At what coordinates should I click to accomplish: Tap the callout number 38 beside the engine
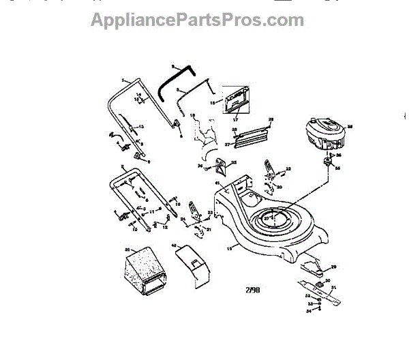tap(350, 127)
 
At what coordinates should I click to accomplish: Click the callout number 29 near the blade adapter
tap(334, 267)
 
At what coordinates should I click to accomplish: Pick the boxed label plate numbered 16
tap(235, 97)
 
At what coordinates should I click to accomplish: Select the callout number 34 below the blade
tap(308, 312)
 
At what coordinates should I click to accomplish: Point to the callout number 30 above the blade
tap(327, 281)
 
